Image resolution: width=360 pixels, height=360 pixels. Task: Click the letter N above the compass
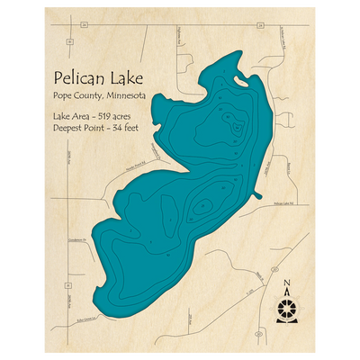tap(287, 286)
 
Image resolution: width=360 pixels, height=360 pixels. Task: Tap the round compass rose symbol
tap(287, 308)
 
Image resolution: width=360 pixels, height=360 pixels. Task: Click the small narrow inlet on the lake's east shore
tap(257, 193)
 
